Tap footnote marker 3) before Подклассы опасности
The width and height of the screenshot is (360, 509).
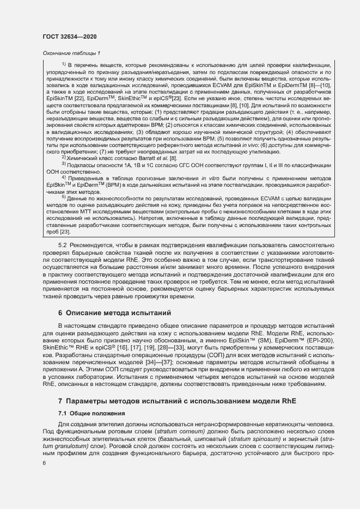pyautogui.click(x=64, y=164)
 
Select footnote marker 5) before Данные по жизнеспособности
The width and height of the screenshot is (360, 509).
pyautogui.click(x=64, y=197)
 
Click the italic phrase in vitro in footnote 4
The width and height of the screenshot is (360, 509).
pyautogui.click(x=209, y=177)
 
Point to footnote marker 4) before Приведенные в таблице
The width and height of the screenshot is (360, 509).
pyautogui.click(x=64, y=177)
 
